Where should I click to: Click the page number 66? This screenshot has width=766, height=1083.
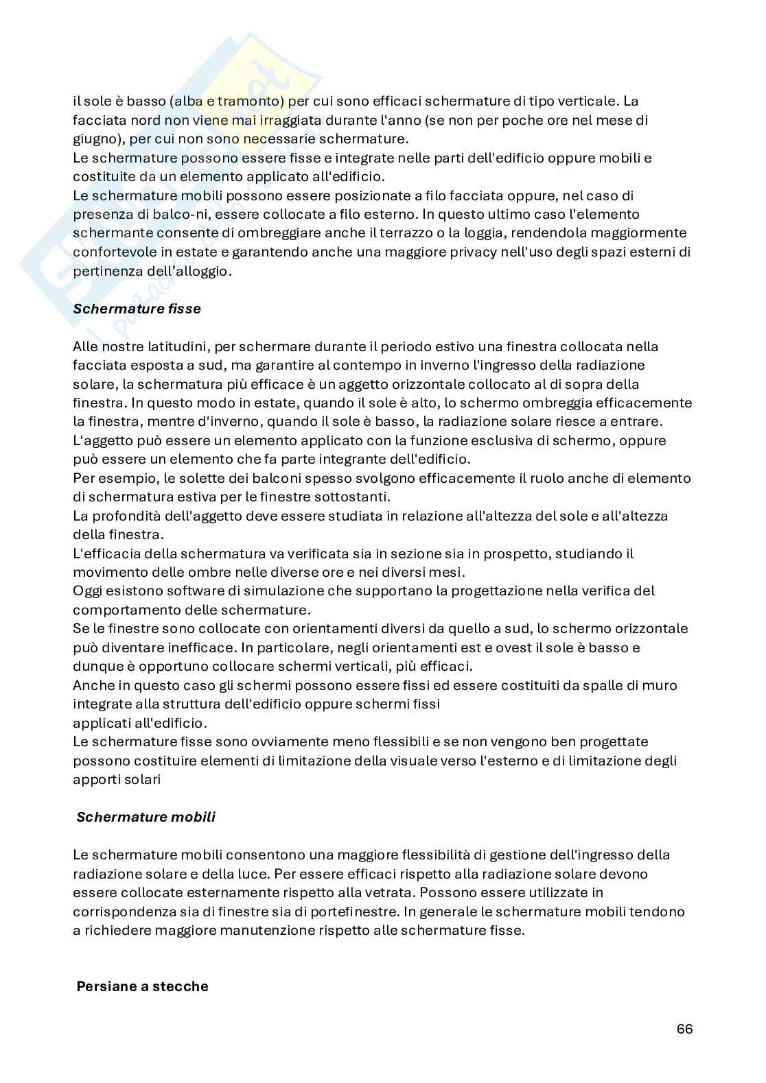(684, 1029)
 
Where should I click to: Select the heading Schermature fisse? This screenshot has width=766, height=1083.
(137, 309)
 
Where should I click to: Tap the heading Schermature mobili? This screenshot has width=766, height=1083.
(146, 817)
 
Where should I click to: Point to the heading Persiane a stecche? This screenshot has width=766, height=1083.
(142, 986)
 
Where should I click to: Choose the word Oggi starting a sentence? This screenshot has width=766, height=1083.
(86, 591)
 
